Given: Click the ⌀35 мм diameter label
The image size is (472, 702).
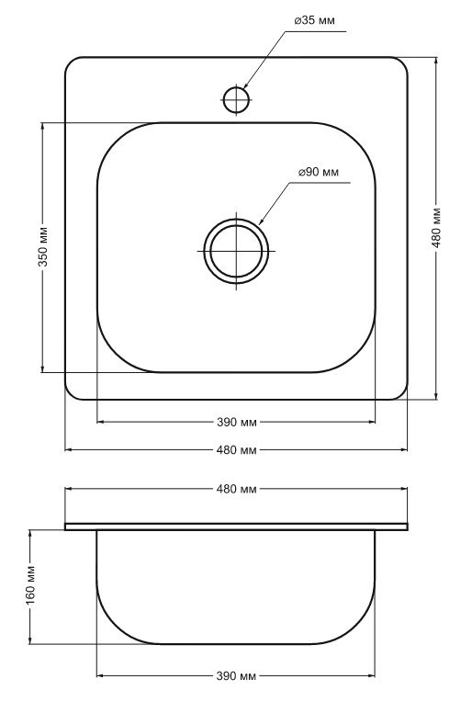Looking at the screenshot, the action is pos(315,20).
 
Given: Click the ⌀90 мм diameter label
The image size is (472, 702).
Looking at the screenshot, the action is pos(319,172).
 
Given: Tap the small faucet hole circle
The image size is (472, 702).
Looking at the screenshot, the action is pos(236,99).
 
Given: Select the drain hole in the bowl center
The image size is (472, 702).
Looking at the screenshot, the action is pos(236,251).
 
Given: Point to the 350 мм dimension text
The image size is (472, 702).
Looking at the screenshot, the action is pos(43,246).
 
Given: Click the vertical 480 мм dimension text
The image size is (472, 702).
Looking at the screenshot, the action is pos(436,228).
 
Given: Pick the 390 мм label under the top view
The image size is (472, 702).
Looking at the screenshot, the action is pos(237,422).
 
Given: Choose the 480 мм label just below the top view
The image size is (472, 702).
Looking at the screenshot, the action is pos(237,450).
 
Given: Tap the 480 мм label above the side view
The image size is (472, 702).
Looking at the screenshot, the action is pos(237,489).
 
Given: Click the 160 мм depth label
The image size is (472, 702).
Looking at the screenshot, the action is pos(31,584).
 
